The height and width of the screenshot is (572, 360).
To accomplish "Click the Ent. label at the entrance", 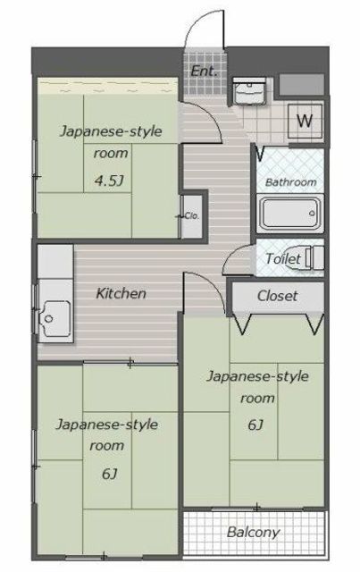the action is point(204,71).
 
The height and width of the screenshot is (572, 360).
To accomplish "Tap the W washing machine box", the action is point(305,122).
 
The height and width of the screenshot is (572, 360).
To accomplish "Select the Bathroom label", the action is point(290,182).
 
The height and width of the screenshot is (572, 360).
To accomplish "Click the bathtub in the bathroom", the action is point(290,214).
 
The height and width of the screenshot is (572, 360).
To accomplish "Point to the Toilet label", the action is point(283,258).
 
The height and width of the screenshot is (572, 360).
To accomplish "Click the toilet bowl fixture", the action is point(314,257).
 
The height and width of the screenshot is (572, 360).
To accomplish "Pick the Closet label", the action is point(277,296).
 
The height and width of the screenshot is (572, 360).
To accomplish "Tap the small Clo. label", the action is point(192,216).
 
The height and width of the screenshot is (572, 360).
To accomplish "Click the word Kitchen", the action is point(121,294).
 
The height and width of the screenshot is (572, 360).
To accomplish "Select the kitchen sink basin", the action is point(55,321).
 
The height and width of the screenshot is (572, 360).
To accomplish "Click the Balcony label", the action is point(253,533).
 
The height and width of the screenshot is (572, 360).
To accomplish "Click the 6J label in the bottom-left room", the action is point(109,474).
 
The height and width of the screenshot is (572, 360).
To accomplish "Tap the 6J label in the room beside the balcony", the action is point(255,425).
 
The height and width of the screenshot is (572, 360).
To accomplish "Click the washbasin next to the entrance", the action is point(249,91).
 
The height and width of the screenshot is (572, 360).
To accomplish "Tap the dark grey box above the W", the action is point(302,84).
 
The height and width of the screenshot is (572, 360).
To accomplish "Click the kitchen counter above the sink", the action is point(55,261).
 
